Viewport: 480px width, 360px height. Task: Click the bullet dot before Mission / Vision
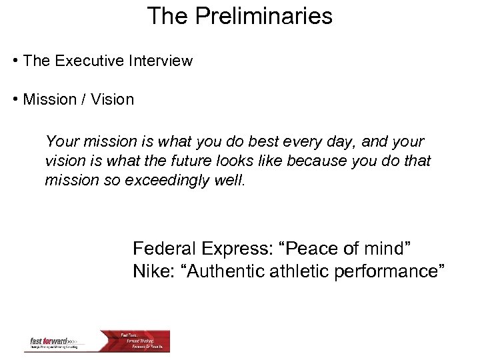click(15, 100)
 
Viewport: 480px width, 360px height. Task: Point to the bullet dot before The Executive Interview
click(15, 61)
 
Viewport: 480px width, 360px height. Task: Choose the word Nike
click(153, 271)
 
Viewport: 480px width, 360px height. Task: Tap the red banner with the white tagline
click(143, 341)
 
